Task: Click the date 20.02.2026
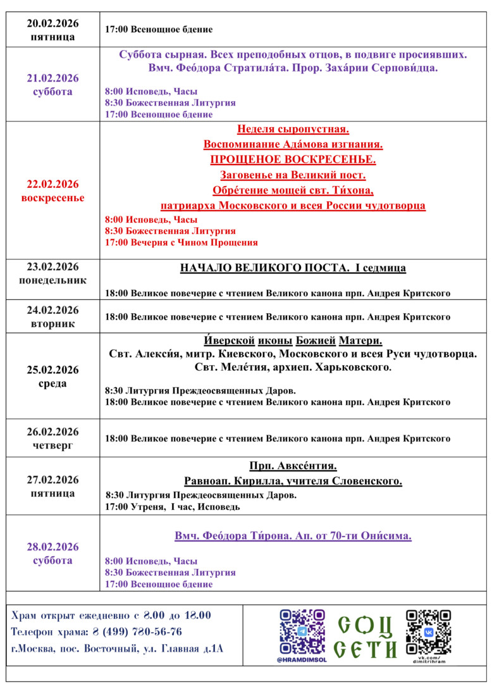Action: click(52, 24)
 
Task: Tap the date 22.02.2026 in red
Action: click(52, 184)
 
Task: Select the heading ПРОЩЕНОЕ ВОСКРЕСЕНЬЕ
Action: click(293, 159)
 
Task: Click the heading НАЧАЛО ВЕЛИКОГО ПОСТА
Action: click(265, 268)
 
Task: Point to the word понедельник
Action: click(52, 280)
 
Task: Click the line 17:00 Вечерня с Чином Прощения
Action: click(181, 242)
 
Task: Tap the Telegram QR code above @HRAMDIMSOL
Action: click(302, 631)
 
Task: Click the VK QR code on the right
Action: click(428, 631)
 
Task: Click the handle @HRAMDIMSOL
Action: click(302, 660)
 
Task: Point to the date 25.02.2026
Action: click(52, 370)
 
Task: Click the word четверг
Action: click(52, 445)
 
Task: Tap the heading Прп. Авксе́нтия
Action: click(293, 466)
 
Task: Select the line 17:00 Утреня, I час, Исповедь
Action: click(173, 507)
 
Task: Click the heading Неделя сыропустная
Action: click(293, 130)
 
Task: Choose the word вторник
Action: click(52, 324)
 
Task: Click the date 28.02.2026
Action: click(52, 547)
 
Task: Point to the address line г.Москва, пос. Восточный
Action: click(118, 649)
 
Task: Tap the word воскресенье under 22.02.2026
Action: click(52, 197)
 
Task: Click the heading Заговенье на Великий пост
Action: click(293, 175)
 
